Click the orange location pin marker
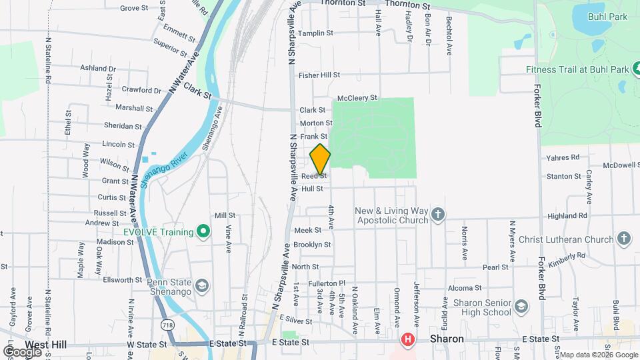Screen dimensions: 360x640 pos(320,159)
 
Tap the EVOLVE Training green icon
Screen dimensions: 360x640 pos(205,232)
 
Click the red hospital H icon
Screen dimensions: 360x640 pos(407,341)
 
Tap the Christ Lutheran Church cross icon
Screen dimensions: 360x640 pos(624,238)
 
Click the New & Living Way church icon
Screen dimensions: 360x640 pos(437,214)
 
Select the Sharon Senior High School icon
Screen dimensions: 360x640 pos(521,307)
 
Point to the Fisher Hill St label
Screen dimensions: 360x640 pos(319,75)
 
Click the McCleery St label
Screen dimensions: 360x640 pos(357,98)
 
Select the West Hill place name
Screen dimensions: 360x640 pos(43,345)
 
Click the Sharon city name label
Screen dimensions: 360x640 pos(447,339)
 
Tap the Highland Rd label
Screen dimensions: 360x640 pos(567,216)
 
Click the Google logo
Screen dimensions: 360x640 pos(21,351)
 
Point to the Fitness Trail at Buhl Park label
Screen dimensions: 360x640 pos(577,69)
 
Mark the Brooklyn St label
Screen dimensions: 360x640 pos(313,245)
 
